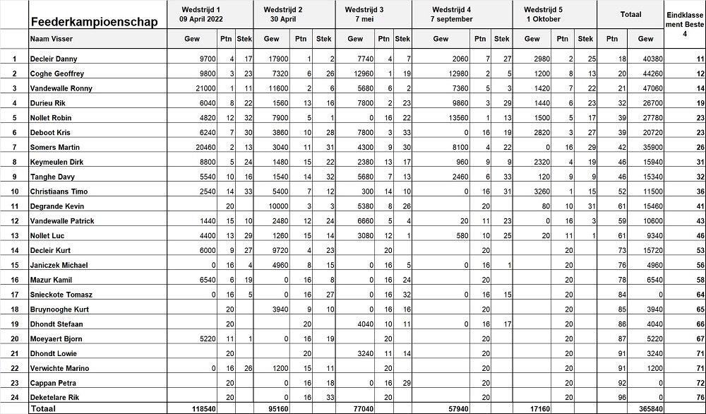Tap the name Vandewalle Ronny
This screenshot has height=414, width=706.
click(61, 88)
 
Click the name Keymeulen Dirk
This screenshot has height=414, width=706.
click(56, 162)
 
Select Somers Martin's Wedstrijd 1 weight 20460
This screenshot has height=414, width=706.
click(204, 147)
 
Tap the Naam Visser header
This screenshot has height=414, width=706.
click(49, 39)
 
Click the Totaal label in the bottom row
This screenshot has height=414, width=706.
click(44, 408)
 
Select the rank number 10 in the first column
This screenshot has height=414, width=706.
click(14, 191)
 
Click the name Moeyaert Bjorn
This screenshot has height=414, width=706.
click(56, 338)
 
